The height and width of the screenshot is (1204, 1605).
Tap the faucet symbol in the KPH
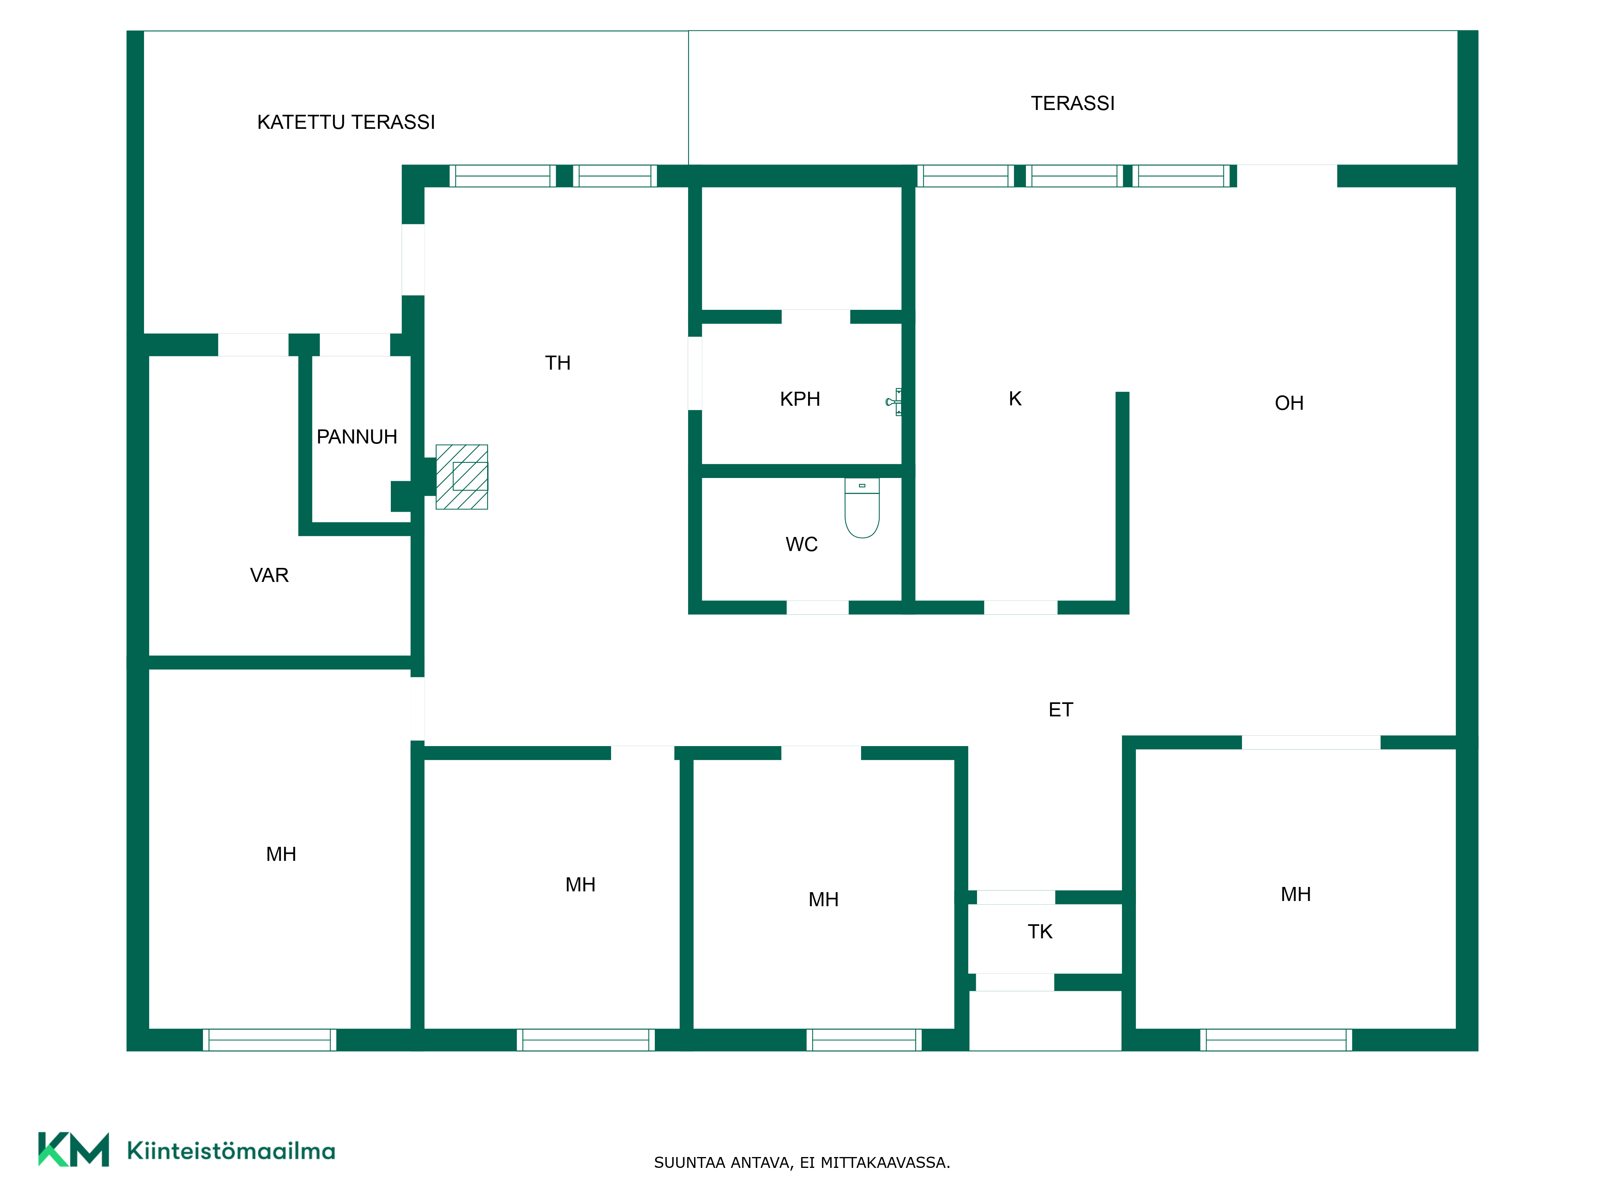pos(894,401)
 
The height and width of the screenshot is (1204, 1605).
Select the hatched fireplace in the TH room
pos(461,477)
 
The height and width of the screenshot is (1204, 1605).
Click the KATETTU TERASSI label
pos(346,122)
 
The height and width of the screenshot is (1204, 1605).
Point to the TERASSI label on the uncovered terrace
pos(1073,103)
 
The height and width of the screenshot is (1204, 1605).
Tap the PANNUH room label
pos(357,437)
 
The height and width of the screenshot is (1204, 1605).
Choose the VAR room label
pos(269,576)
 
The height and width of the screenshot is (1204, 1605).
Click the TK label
pos(1040,932)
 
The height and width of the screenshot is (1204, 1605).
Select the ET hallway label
pos(1061,710)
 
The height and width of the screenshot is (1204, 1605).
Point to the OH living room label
pos(1289,403)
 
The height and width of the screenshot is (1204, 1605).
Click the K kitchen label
pos(1015,399)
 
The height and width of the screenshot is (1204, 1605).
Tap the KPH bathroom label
pos(800,399)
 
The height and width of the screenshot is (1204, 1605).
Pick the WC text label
pos(802,544)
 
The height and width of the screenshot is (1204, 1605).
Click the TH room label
pos(558,363)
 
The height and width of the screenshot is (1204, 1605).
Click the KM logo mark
pos(73,1149)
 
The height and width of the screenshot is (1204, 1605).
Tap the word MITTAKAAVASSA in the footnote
pos(885,1163)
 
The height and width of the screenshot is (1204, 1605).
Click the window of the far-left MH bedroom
pos(269,1040)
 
